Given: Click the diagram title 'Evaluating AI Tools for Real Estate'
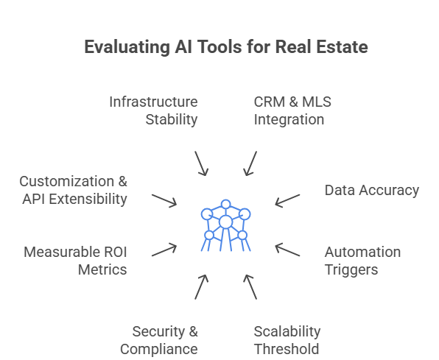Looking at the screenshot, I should (x=225, y=48).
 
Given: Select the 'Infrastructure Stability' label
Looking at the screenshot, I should (x=153, y=110).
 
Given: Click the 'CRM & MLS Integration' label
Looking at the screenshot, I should (x=289, y=110).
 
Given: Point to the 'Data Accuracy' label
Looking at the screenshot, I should (x=371, y=190).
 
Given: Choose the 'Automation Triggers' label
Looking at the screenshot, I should (x=362, y=261).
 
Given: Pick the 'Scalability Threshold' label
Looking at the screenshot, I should (x=287, y=339).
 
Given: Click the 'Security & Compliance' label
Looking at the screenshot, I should (x=160, y=339).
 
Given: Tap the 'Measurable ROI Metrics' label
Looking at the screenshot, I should (x=76, y=261).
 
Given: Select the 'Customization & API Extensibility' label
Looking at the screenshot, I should (x=73, y=189).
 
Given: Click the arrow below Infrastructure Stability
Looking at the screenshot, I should (x=201, y=164).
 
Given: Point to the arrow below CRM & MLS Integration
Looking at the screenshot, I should (x=250, y=164).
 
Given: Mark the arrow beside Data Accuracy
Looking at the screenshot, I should (x=287, y=201).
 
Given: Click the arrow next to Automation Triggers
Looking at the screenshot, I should (x=287, y=250).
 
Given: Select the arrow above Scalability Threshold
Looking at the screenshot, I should (x=250, y=286).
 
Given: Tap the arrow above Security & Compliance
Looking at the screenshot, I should (x=201, y=286).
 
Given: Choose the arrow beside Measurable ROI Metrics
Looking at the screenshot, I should (x=164, y=250).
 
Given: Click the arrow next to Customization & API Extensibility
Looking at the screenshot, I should (x=164, y=200).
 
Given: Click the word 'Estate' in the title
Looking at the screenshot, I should (x=343, y=48).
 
